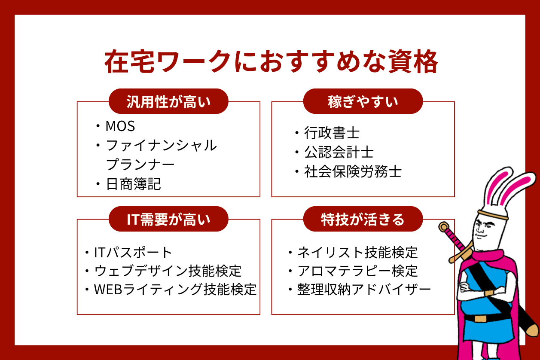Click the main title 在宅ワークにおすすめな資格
click(x=271, y=63)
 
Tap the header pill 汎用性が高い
click(x=168, y=101)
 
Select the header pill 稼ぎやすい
click(x=363, y=101)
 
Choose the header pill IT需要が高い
click(x=168, y=219)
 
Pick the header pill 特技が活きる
click(x=363, y=219)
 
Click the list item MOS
click(x=120, y=126)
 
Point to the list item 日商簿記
click(x=133, y=184)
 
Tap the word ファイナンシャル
click(x=161, y=146)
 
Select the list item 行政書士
click(x=331, y=133)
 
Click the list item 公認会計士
click(x=339, y=153)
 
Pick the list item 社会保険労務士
click(x=352, y=172)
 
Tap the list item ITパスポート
click(x=133, y=252)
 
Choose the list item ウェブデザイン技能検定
click(x=168, y=271)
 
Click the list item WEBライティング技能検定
click(x=175, y=290)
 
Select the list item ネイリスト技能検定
click(x=357, y=252)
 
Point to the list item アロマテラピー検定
click(x=357, y=271)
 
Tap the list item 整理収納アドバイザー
click(x=364, y=290)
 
